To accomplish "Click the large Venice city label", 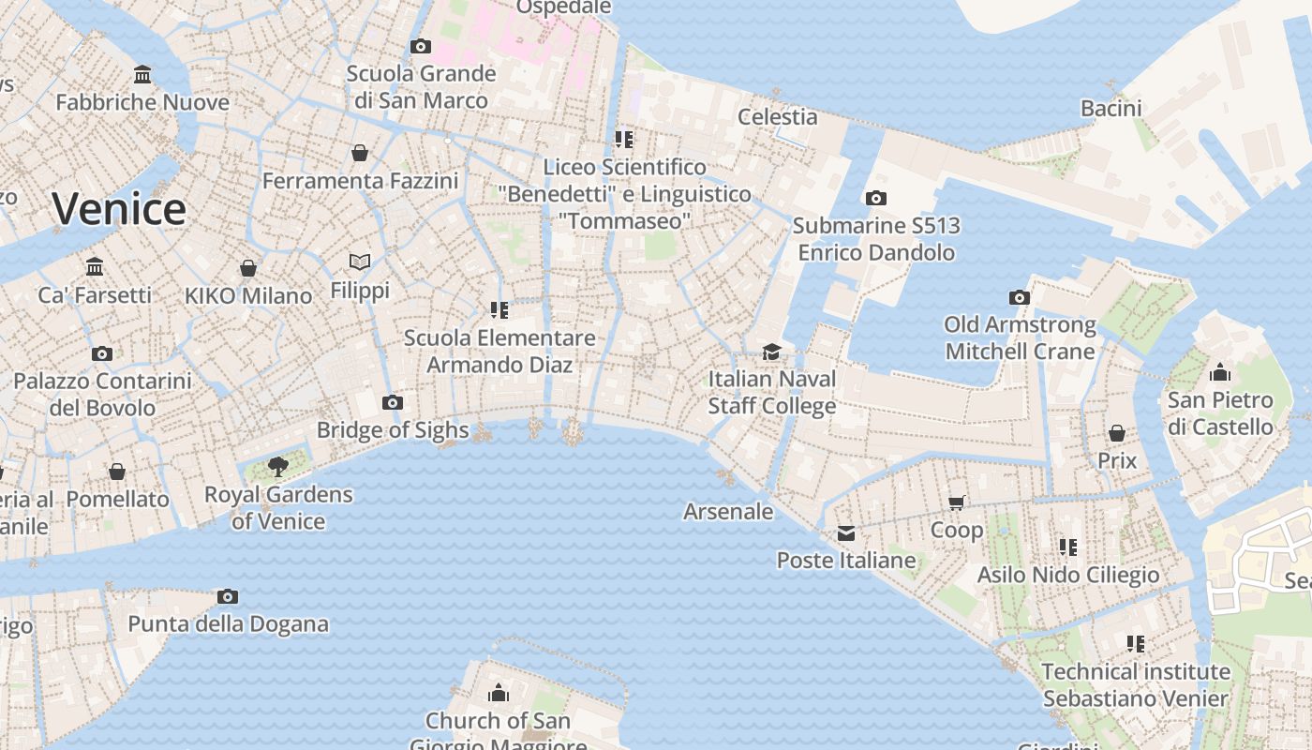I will [x=119, y=208].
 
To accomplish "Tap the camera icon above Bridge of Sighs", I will [x=393, y=403].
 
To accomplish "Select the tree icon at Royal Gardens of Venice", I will [x=277, y=466].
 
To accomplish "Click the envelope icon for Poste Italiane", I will [x=846, y=533].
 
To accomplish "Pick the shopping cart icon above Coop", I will [x=957, y=502].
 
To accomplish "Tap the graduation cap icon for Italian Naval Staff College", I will [x=771, y=352].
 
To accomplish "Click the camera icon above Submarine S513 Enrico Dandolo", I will [x=876, y=198].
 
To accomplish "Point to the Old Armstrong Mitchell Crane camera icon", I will [x=1020, y=297].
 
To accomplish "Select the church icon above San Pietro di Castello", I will [x=1219, y=372].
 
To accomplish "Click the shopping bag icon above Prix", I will [x=1117, y=433].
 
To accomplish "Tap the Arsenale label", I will [x=728, y=512].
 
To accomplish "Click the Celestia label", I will [x=778, y=117].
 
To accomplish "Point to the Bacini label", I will [x=1111, y=109].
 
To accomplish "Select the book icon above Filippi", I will [x=360, y=262].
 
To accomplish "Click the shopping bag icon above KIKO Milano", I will [x=248, y=268].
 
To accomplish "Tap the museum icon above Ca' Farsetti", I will [x=95, y=266].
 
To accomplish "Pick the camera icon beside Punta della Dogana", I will [x=228, y=596].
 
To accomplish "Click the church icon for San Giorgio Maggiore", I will [x=499, y=693].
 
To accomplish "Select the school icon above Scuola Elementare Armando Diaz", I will [x=499, y=309].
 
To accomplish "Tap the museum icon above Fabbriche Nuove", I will [x=142, y=74].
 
